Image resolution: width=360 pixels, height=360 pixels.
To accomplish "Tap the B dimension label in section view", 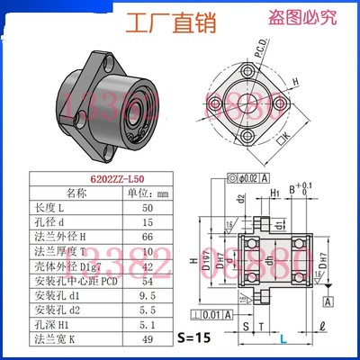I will [291, 189].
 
